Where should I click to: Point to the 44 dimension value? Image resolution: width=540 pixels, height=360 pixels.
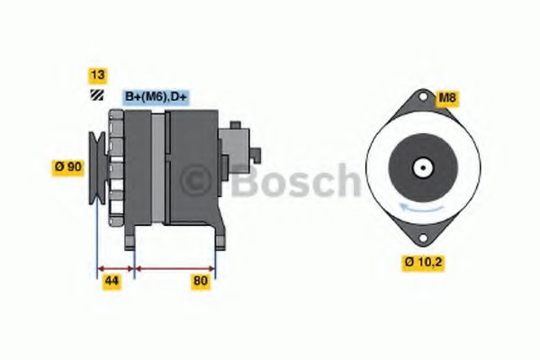[x=112, y=282]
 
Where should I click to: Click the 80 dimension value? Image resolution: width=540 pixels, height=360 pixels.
[x=200, y=282]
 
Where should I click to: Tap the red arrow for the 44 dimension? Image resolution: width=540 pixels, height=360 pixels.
[x=114, y=268]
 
